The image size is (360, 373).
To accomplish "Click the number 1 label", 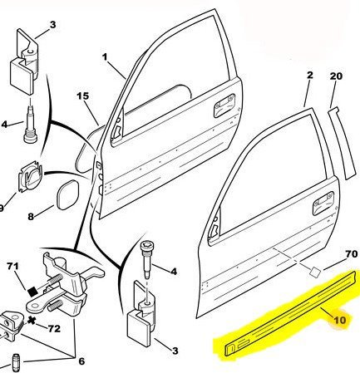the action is [x=105, y=57].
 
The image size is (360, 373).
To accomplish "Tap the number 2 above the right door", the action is [x=310, y=75].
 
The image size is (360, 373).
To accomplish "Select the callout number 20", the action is [x=336, y=76].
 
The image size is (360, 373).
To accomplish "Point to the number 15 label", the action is [x=83, y=96].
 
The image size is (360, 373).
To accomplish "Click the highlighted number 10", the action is [x=340, y=320].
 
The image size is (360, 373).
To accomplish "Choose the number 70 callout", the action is [x=352, y=254].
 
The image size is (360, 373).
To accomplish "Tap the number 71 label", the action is [x=12, y=267].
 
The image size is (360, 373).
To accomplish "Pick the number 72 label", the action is [x=54, y=329].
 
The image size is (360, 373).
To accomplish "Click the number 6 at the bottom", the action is [x=81, y=361].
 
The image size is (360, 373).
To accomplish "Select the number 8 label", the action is [x=31, y=216].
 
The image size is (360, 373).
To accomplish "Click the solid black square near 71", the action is [x=32, y=292].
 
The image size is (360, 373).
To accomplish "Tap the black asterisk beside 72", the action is [x=32, y=321].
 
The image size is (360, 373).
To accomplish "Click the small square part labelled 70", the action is [x=314, y=272].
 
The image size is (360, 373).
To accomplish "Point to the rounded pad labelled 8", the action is [x=67, y=194].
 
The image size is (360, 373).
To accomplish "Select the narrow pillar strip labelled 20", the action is [x=342, y=144].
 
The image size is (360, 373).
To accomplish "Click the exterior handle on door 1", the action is [x=224, y=106].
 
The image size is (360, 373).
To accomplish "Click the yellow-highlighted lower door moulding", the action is [x=289, y=314].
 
